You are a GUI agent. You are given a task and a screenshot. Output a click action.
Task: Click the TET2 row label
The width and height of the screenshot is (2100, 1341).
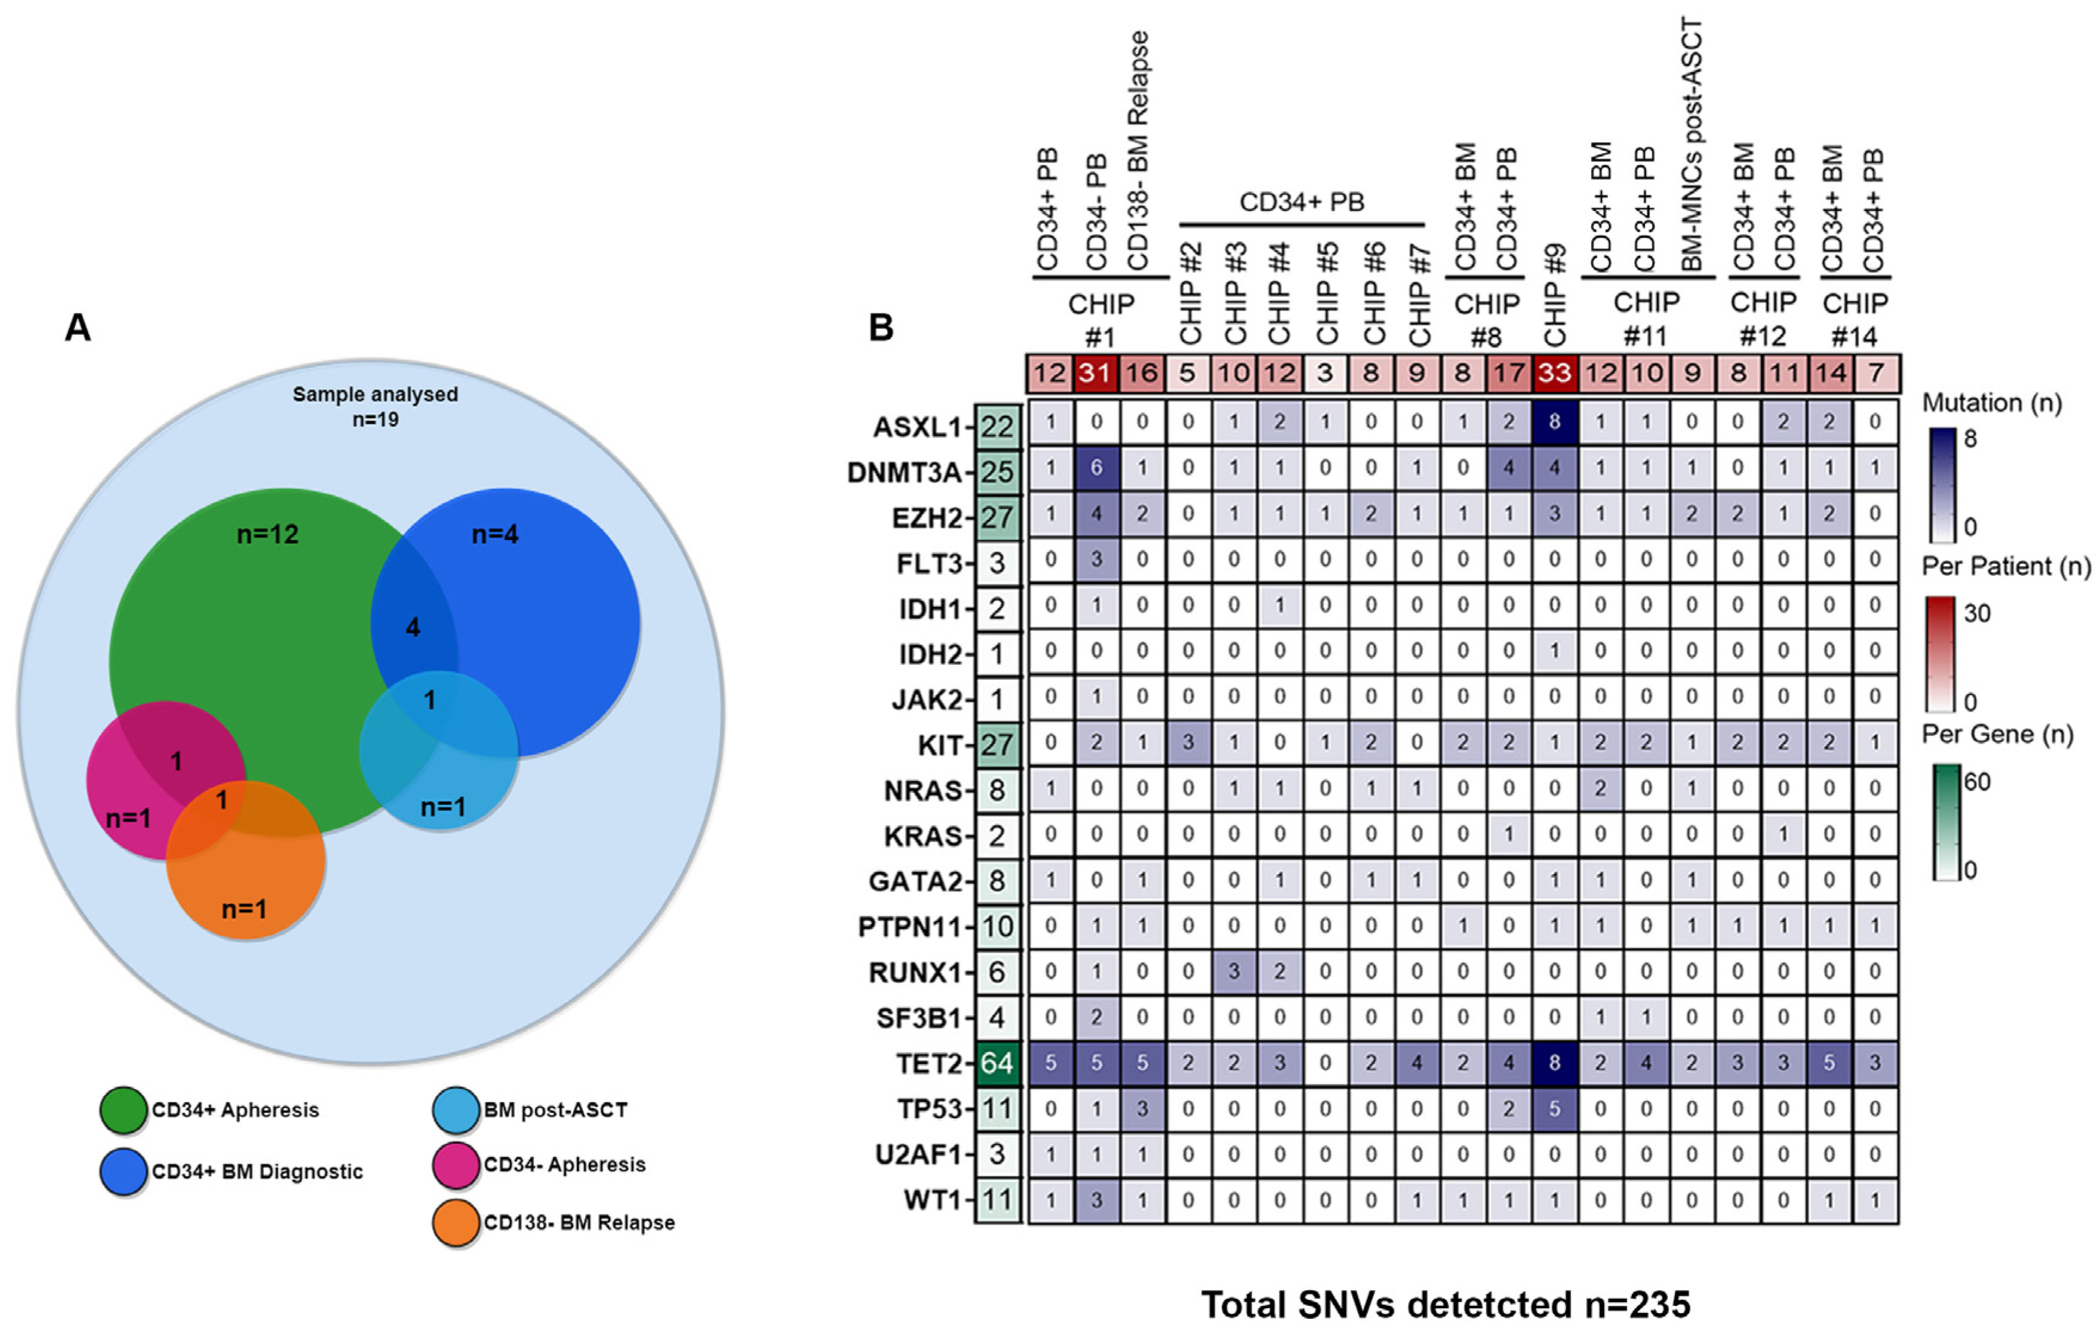point(928,1063)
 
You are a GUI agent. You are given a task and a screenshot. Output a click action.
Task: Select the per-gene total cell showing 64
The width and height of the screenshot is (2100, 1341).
point(997,1063)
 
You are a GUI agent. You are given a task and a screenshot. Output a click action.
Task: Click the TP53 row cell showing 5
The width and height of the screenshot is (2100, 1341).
point(1554,1109)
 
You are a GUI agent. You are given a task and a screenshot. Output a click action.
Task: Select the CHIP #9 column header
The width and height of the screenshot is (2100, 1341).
point(1554,297)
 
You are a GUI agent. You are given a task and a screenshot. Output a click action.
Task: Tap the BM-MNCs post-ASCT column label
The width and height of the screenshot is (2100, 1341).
point(1692,144)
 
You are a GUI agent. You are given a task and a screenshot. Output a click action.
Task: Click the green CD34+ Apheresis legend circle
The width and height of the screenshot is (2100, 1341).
point(123,1110)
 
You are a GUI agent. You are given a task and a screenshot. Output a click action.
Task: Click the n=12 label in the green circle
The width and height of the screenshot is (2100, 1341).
point(268,534)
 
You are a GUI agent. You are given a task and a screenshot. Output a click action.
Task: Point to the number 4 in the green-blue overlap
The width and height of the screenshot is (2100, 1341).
point(413,627)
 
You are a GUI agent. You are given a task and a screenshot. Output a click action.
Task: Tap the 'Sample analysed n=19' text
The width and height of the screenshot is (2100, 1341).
point(375,406)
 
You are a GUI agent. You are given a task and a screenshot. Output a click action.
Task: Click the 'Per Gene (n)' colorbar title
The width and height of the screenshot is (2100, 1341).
point(1997,734)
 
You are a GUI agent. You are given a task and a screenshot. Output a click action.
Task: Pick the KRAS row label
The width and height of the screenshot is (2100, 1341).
point(922,836)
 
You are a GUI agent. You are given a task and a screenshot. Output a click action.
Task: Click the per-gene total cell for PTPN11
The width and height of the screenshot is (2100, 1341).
point(997,926)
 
